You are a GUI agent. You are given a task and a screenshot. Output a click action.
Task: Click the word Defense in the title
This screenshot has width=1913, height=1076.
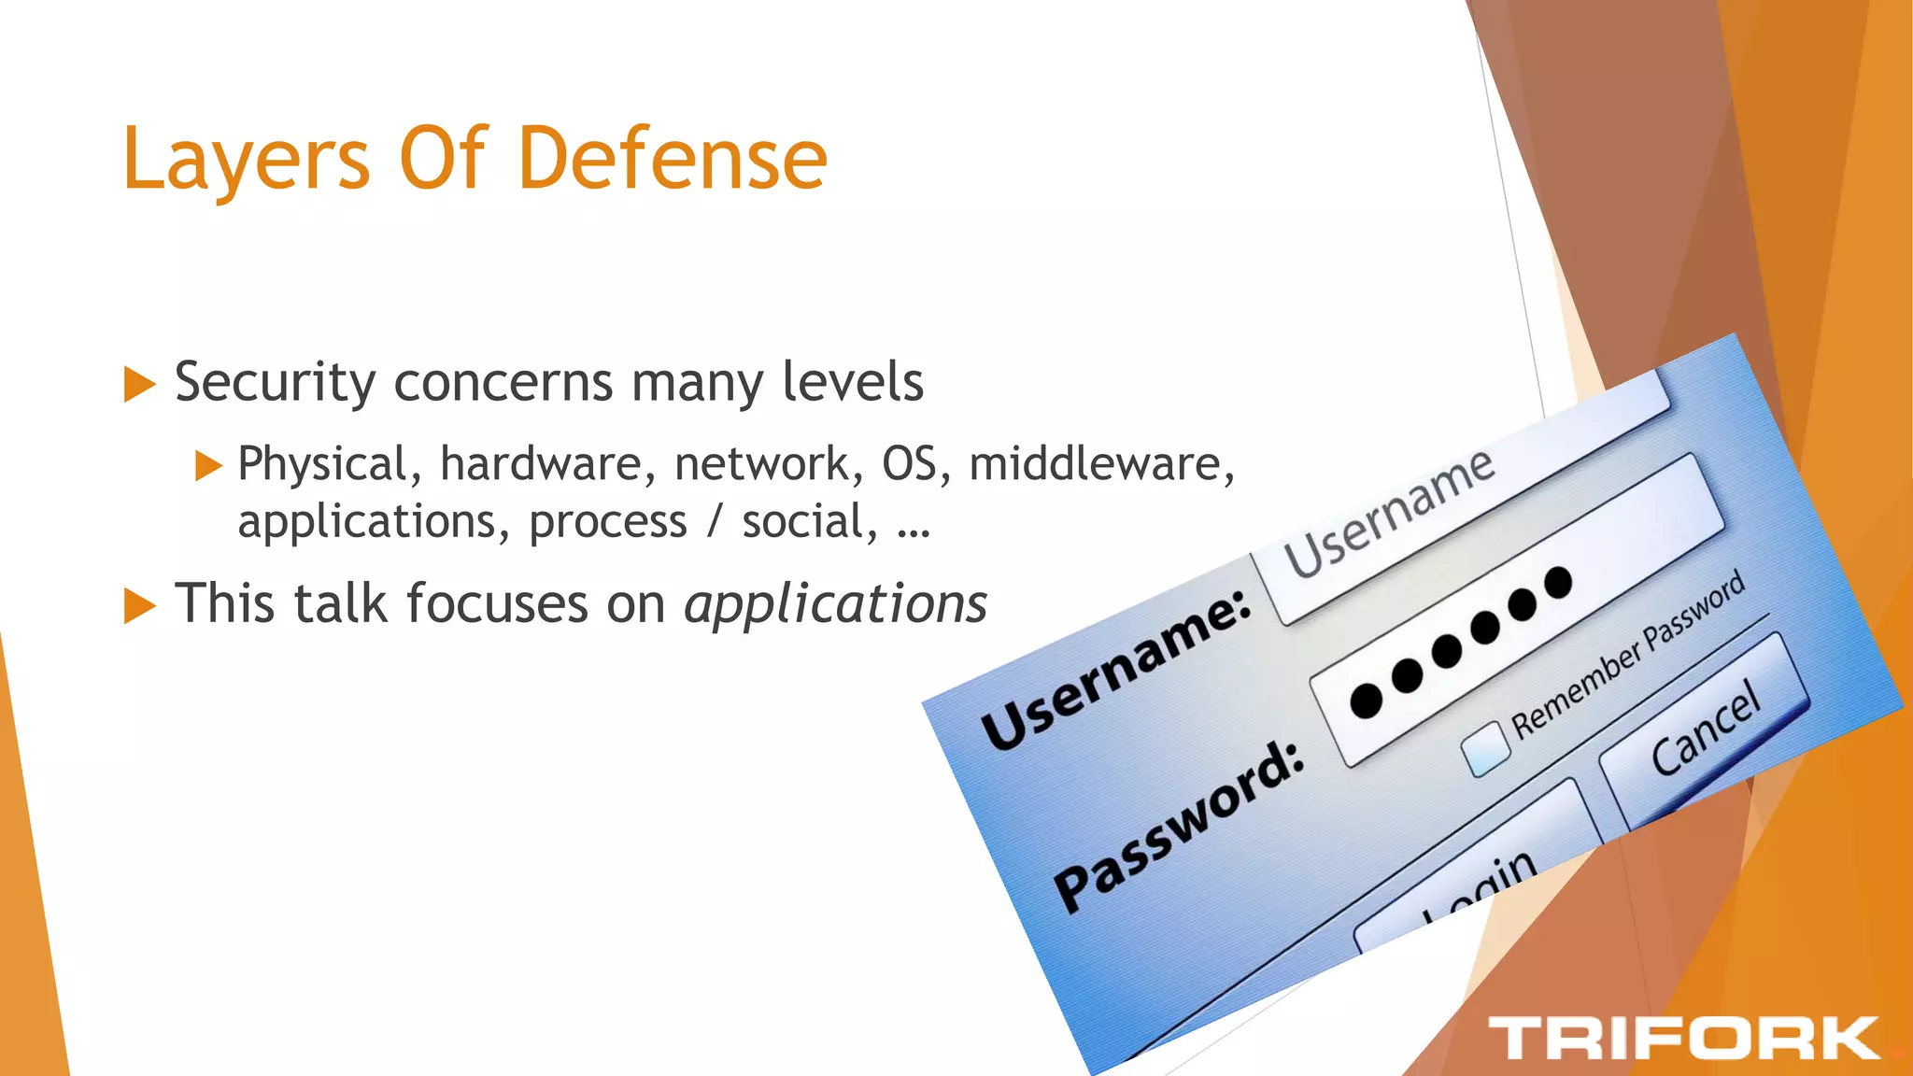tap(672, 159)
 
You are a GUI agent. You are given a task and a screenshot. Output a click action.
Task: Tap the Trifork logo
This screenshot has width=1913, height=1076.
tap(1683, 1038)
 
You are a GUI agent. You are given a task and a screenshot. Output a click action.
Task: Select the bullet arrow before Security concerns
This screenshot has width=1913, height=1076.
tap(139, 384)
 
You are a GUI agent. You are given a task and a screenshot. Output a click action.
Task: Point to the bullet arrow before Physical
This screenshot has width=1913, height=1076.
tap(208, 465)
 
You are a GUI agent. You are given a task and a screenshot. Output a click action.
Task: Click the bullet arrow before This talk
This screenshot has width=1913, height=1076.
tap(139, 605)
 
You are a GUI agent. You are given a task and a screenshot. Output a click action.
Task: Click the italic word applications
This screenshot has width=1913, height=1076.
tap(835, 603)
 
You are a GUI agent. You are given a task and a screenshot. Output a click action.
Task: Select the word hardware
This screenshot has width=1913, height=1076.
tap(541, 464)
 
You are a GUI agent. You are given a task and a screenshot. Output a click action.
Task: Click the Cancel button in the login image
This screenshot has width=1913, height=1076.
tap(1705, 729)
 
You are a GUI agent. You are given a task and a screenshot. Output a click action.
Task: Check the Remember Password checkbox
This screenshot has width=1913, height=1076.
tap(1484, 750)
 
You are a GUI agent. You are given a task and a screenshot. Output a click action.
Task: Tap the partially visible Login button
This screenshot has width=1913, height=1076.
tap(1481, 883)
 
